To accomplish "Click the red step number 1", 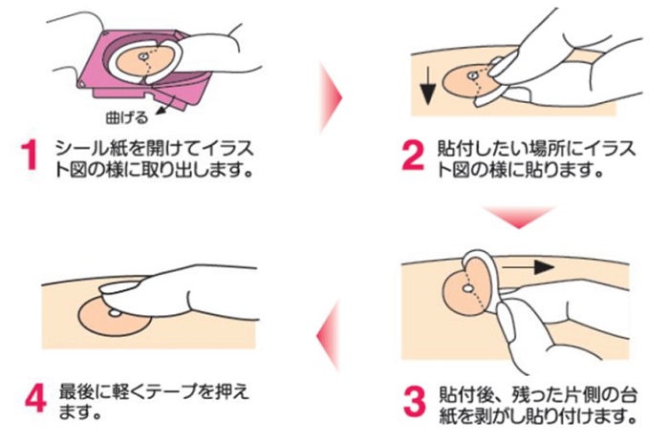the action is click(x=30, y=156).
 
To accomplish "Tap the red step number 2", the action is click(x=413, y=156).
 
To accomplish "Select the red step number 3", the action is click(x=414, y=401).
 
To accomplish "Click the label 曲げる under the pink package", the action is click(x=127, y=116).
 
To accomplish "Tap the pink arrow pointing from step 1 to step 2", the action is click(x=331, y=97).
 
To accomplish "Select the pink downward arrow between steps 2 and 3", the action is click(x=519, y=218).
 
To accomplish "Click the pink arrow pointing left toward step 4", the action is click(x=328, y=335).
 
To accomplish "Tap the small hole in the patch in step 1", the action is click(x=143, y=56).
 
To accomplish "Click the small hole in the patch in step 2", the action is click(x=472, y=75).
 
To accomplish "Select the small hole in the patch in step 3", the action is click(x=467, y=289).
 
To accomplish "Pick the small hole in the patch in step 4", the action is click(x=115, y=313).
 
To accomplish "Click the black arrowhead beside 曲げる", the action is click(x=161, y=111).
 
